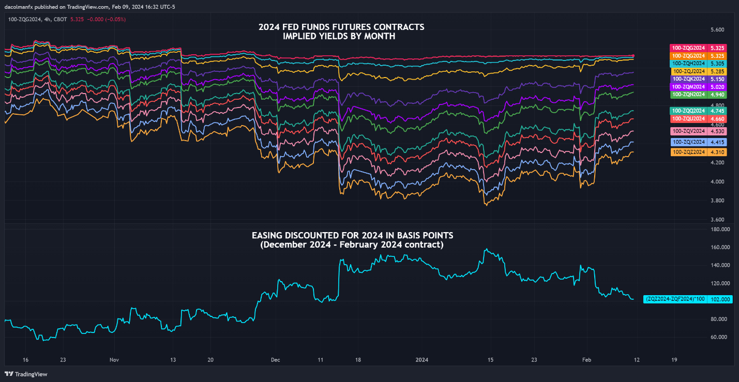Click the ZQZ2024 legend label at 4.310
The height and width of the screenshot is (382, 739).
pos(698,152)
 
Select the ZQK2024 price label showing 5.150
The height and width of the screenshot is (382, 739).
pos(698,79)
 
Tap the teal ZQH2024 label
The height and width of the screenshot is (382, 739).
pos(698,63)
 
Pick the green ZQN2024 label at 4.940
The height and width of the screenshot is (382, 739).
pos(698,95)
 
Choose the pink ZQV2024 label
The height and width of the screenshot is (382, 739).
pos(698,131)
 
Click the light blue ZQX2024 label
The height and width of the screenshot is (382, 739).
pos(698,142)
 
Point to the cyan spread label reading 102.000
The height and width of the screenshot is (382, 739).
pos(688,299)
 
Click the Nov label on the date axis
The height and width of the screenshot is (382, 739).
pos(114,359)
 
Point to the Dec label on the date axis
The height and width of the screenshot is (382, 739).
pos(275,359)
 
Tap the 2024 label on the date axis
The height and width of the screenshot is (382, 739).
pos(423,359)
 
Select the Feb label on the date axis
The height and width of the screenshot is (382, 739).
pos(586,359)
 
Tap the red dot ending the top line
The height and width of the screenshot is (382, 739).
pos(634,56)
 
